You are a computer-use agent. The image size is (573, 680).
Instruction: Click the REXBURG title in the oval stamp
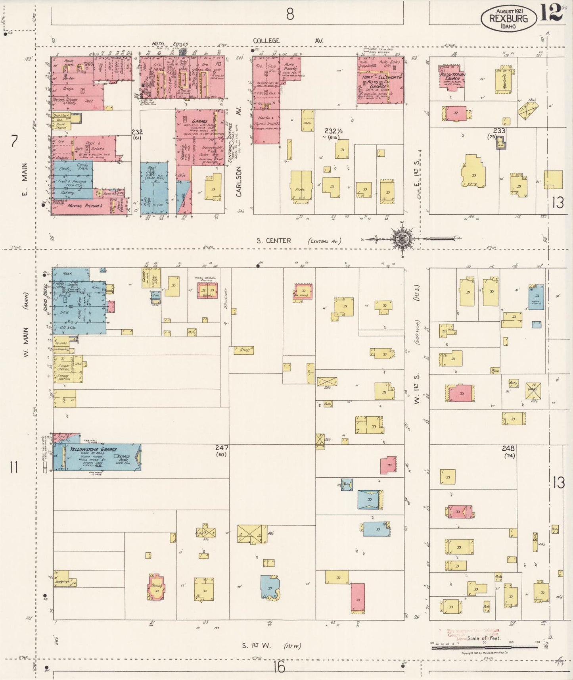(x=508, y=18)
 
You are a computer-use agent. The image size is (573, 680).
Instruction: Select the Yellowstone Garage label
(x=93, y=449)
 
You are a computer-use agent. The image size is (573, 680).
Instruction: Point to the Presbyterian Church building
(x=452, y=79)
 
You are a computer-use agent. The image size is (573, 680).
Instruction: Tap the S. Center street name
(x=274, y=241)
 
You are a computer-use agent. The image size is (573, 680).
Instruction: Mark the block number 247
(x=222, y=448)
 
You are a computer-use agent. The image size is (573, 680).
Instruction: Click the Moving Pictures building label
(x=84, y=206)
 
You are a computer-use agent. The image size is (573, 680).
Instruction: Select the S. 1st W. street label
(x=257, y=645)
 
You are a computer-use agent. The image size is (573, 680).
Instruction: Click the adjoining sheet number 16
(x=279, y=667)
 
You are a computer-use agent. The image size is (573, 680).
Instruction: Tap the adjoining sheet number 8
(x=290, y=15)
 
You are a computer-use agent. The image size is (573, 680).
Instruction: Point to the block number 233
(x=499, y=131)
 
